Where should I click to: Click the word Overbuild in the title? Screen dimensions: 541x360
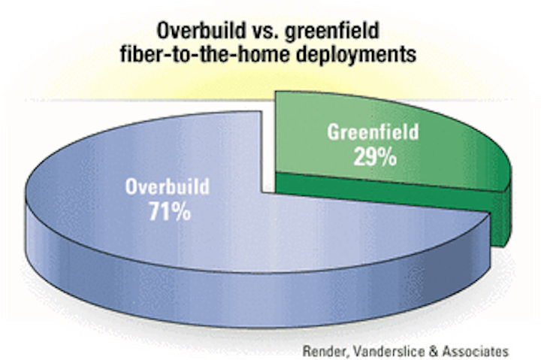(x=201, y=31)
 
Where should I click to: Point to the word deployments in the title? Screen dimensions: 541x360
(x=356, y=55)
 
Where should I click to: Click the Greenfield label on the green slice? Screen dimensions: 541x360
(x=373, y=132)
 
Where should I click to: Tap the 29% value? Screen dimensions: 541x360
(x=375, y=157)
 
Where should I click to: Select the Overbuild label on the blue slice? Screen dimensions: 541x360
(x=168, y=186)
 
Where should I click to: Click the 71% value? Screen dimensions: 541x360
(x=170, y=212)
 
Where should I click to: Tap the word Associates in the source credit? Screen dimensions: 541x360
(x=476, y=352)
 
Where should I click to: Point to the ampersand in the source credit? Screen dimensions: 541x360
(x=434, y=352)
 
